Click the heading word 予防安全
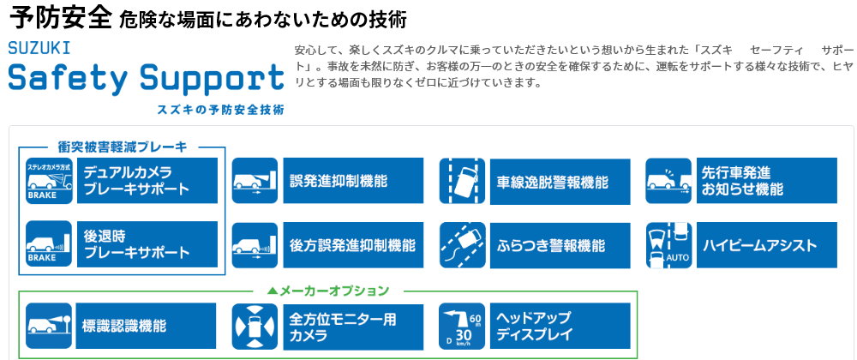click(x=61, y=18)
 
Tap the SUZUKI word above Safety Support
click(x=39, y=49)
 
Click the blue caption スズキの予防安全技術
click(x=220, y=109)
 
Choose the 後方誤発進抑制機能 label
click(x=352, y=245)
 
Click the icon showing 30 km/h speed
click(x=462, y=327)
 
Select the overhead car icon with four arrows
click(x=255, y=327)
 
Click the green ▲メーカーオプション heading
click(x=328, y=291)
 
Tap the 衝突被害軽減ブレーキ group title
click(x=123, y=147)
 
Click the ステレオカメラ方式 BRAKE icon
click(x=49, y=181)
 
